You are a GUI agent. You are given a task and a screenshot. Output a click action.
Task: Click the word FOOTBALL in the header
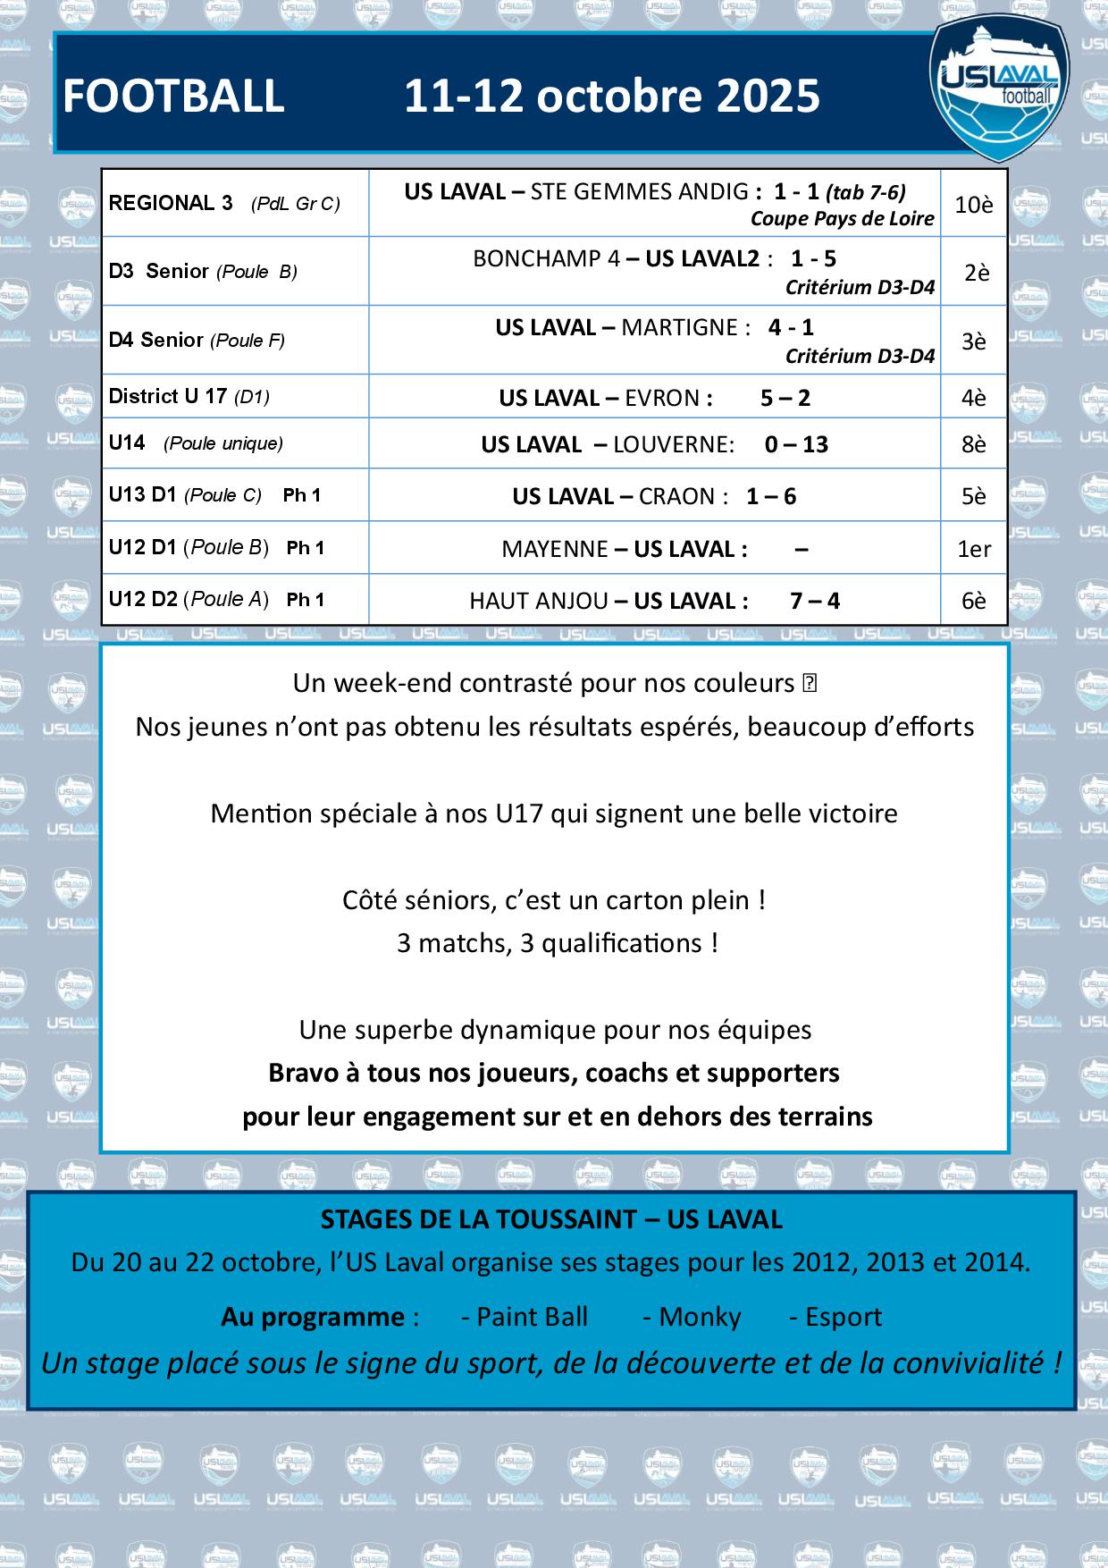(173, 97)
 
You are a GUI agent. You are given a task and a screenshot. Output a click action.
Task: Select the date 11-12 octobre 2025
(612, 97)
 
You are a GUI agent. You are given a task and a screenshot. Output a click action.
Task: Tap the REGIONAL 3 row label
(170, 203)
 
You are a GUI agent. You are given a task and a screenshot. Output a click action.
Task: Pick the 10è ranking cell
(974, 205)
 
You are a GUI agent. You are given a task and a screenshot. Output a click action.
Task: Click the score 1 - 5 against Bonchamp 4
(813, 259)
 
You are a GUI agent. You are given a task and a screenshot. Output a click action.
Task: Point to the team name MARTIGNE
(680, 327)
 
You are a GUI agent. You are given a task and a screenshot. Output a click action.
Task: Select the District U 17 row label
(167, 396)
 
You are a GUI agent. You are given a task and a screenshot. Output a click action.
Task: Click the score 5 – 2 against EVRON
(785, 398)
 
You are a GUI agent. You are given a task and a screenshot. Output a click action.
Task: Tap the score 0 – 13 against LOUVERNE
(796, 444)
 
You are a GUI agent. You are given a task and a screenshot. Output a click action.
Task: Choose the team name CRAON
(677, 496)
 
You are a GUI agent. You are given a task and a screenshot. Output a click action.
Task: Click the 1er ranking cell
(974, 549)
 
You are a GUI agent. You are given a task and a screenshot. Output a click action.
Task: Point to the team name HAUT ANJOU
(539, 601)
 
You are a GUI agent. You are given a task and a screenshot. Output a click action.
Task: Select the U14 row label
(127, 443)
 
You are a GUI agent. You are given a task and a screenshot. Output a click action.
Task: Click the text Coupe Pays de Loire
(842, 219)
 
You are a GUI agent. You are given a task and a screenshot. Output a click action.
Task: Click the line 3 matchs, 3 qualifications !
(558, 943)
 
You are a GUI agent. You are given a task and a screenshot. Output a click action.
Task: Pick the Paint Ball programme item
(525, 1317)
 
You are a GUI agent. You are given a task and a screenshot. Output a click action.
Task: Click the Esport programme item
(835, 1317)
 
